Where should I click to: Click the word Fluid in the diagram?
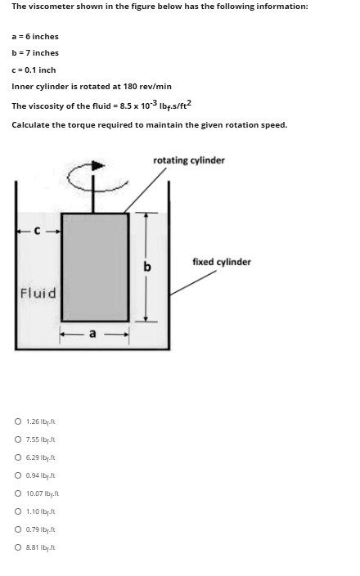point(38,293)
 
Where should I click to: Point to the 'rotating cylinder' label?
point(188,160)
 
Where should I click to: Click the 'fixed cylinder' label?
point(221,262)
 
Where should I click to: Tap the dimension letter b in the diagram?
point(148,267)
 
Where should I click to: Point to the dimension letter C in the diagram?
point(36,229)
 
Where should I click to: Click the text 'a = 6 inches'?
point(35,37)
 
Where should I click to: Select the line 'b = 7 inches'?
point(35,53)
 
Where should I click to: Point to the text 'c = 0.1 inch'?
point(34,70)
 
